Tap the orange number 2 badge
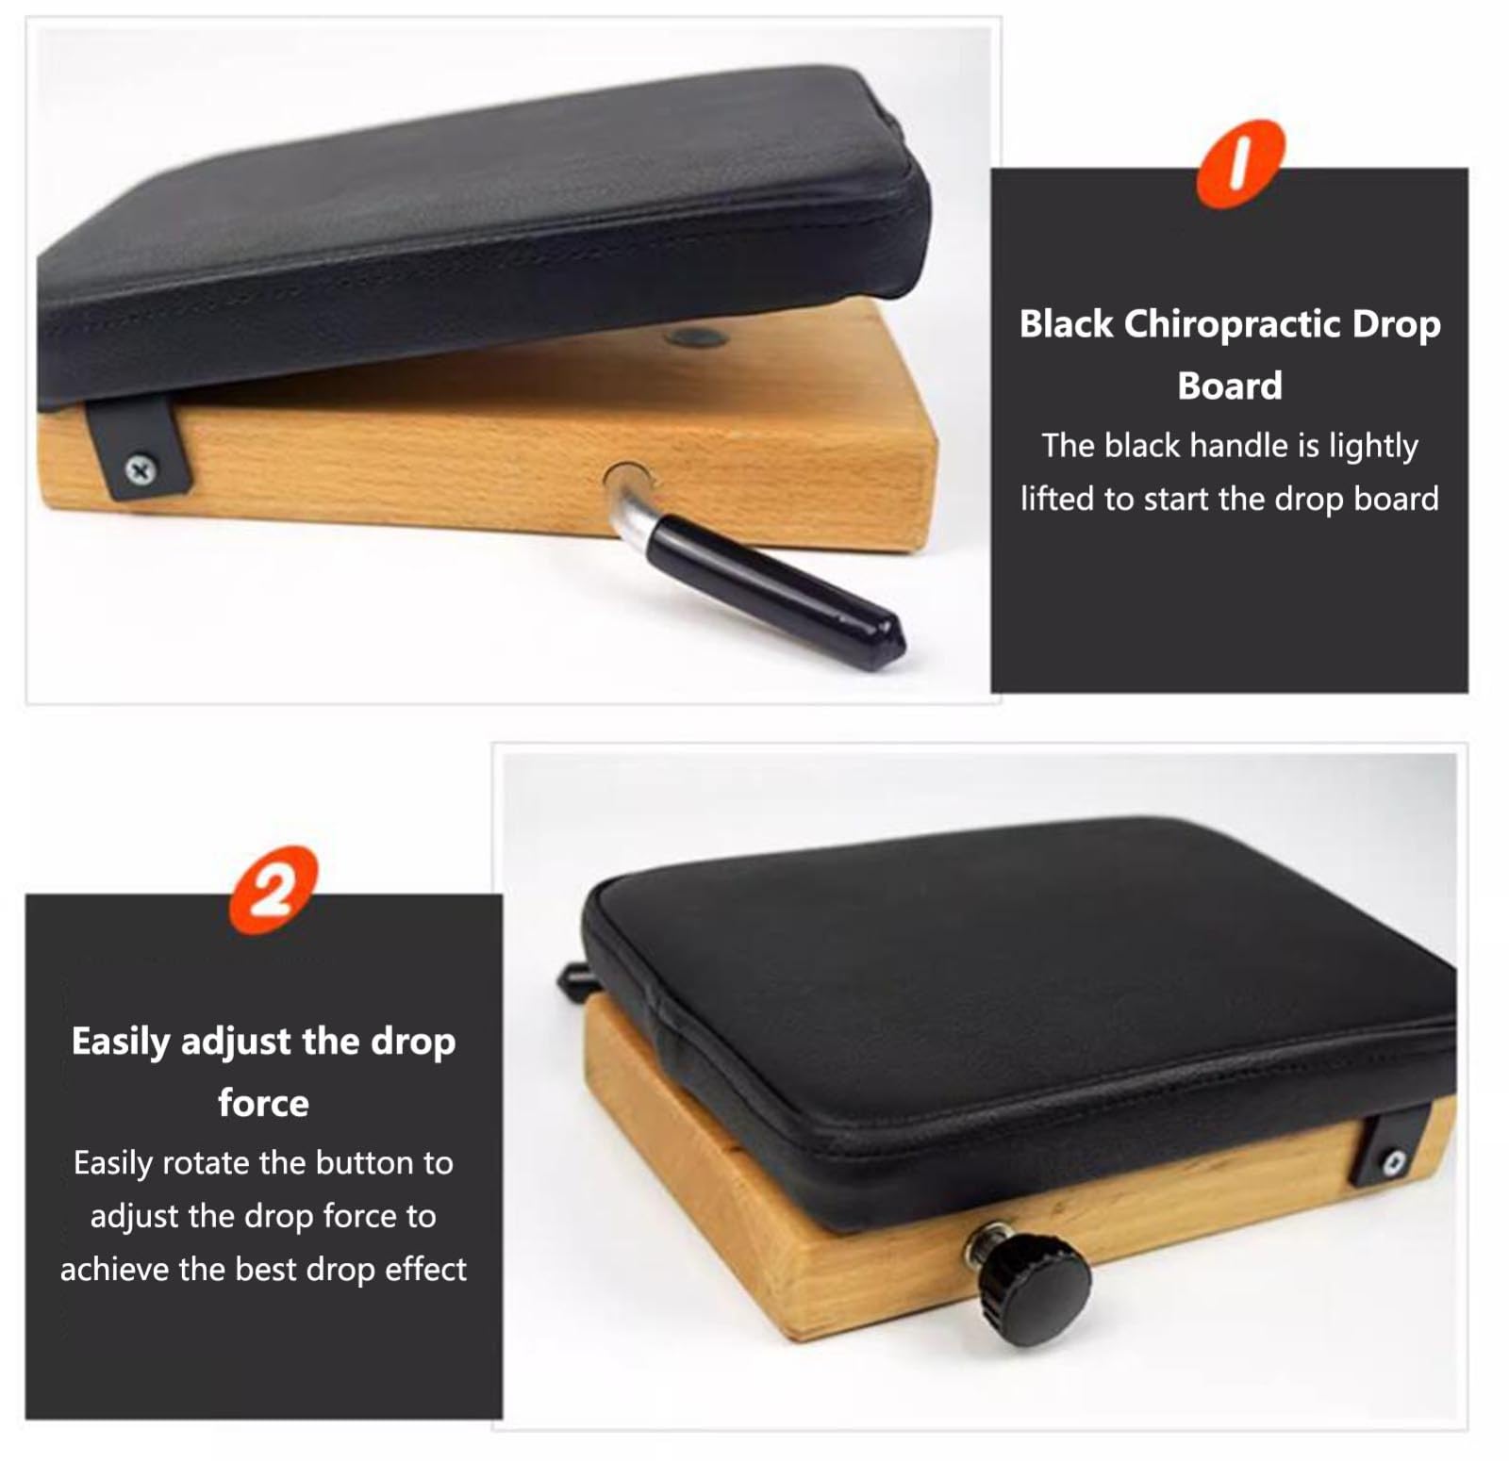(x=274, y=890)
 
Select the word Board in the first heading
(x=1230, y=386)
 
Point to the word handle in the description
(x=1239, y=445)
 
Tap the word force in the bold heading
(x=263, y=1103)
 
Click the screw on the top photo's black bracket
(x=141, y=468)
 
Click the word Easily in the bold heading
(x=121, y=1042)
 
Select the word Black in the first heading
(x=1066, y=324)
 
